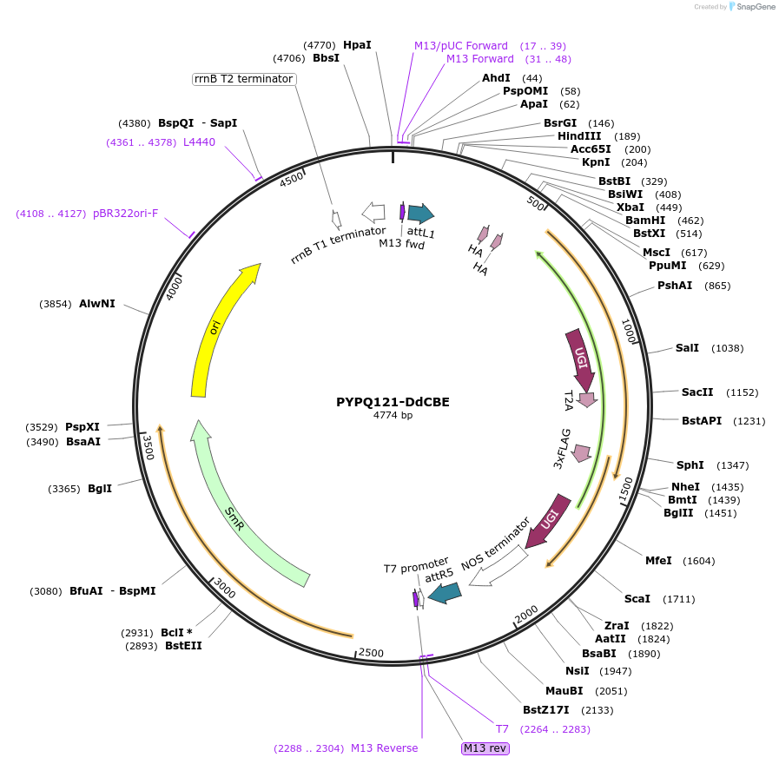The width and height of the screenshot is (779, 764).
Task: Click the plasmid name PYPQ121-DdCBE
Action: [393, 402]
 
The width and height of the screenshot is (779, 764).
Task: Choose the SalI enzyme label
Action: [687, 348]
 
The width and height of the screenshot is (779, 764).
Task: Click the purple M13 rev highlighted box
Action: [485, 748]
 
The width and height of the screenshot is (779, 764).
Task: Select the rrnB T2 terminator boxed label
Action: [243, 79]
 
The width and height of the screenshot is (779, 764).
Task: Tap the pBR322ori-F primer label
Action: [125, 214]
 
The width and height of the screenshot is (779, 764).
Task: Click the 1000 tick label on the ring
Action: [630, 332]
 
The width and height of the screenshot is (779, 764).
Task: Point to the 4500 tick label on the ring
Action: [292, 178]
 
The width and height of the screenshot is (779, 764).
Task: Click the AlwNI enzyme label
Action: [96, 304]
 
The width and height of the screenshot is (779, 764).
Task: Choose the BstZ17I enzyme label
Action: [545, 710]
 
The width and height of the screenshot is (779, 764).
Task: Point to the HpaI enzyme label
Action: [357, 44]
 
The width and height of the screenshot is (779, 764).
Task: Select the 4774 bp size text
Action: [393, 416]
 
